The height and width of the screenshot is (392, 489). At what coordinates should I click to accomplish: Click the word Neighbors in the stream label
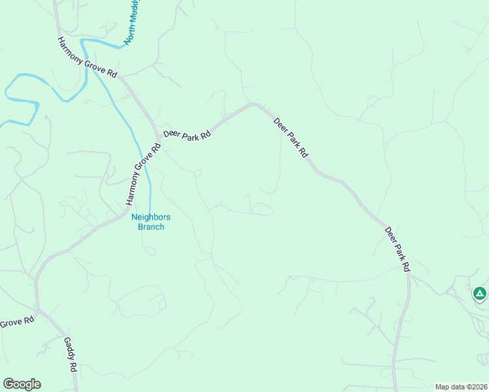151,217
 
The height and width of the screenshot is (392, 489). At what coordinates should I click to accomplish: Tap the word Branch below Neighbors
151,227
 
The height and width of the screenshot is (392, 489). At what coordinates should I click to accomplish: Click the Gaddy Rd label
71,353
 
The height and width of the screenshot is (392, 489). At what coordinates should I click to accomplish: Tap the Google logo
22,384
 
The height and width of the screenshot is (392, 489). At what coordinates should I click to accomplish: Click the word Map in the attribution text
443,386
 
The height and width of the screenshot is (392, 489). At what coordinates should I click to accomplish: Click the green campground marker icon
480,293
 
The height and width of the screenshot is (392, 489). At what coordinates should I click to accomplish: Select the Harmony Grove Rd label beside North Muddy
87,57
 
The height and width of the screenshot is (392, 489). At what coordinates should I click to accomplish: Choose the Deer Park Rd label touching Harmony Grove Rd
187,134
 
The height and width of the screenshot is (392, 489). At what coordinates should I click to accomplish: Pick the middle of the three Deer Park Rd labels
290,138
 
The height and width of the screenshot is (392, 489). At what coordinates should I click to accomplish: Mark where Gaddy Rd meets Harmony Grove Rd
41,312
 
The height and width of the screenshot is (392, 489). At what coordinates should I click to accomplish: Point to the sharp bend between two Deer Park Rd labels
254,104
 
